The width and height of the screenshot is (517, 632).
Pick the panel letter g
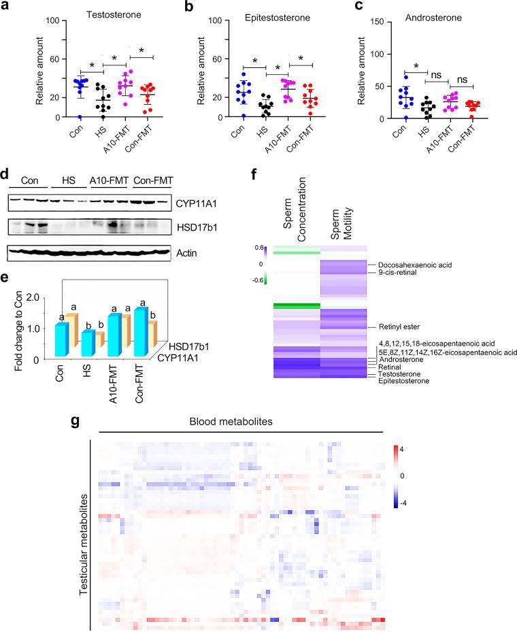click(74, 420)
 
